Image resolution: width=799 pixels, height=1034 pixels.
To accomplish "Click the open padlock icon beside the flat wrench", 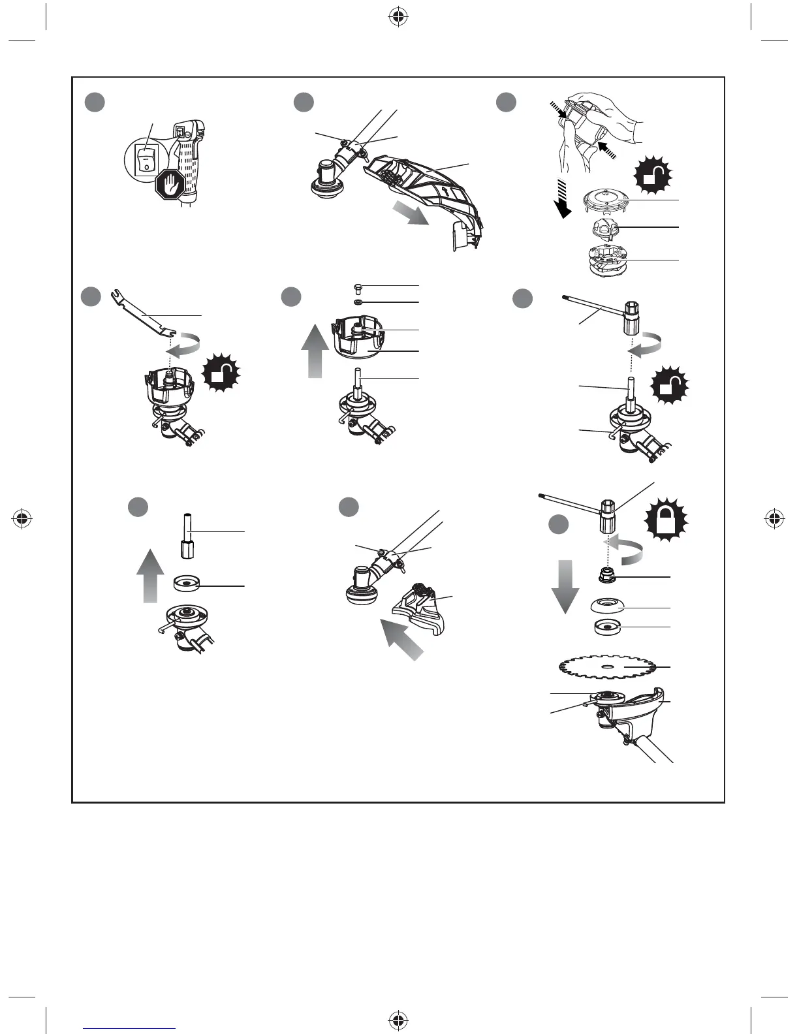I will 222,374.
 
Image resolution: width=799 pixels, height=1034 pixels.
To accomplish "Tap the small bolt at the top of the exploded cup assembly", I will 357,288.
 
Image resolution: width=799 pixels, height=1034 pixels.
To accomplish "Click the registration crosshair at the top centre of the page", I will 398,18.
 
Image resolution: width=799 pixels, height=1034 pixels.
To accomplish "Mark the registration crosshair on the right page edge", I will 775,519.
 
